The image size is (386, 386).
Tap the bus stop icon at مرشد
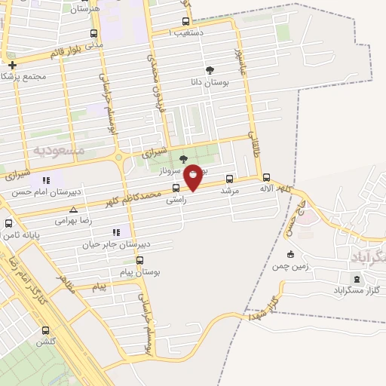coord(230,179)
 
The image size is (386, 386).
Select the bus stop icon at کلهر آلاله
coord(267,177)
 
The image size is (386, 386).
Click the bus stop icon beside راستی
coord(176,188)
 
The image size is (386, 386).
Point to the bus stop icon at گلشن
coord(46,330)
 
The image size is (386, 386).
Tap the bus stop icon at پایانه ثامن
coord(8,223)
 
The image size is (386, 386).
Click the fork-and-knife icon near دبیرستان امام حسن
coord(45,180)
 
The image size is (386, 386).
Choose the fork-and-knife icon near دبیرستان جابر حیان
coord(115,232)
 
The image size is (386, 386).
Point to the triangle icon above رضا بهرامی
coord(73,210)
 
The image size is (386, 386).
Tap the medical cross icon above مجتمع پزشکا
coord(12,66)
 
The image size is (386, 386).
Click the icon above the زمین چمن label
coord(291,254)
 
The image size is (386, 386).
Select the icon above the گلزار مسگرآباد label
coord(357,280)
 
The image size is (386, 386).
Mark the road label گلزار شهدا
coord(265,308)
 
